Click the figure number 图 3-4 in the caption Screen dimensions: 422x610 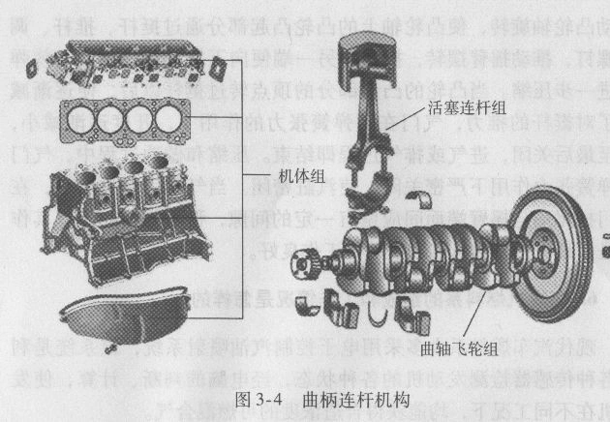click(x=256, y=398)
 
